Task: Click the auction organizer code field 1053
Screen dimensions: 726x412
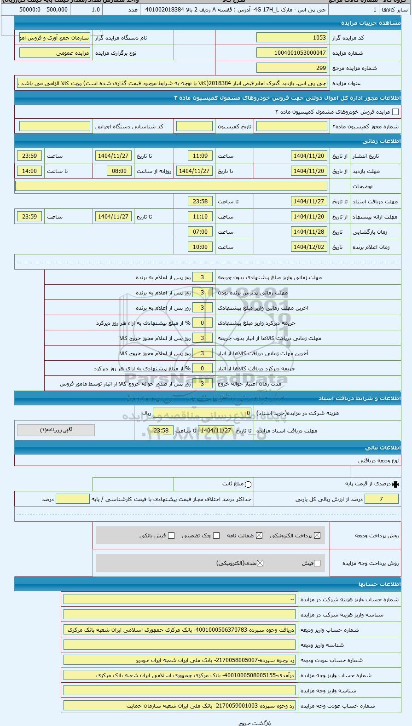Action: click(x=292, y=38)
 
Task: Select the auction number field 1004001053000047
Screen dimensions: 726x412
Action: click(x=292, y=53)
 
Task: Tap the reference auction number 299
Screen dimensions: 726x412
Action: click(x=292, y=68)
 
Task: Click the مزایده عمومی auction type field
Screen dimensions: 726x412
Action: click(x=55, y=53)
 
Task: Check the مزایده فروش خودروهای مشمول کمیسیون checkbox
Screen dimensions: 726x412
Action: click(x=395, y=112)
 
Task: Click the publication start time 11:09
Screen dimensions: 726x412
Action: click(x=200, y=156)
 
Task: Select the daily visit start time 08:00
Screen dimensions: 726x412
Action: click(x=119, y=171)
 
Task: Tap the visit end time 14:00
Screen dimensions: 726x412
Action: click(x=29, y=171)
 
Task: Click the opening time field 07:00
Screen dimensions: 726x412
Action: click(x=200, y=232)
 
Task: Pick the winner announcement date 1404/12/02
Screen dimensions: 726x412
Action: click(x=309, y=247)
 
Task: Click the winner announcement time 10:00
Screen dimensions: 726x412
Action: click(x=200, y=247)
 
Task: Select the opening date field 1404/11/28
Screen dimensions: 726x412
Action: click(x=309, y=232)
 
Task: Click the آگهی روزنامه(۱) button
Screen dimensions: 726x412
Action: click(x=56, y=430)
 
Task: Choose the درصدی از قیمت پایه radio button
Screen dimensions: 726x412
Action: click(x=395, y=484)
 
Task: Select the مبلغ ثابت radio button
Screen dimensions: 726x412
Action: click(x=249, y=484)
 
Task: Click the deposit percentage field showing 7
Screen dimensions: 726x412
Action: click(x=381, y=499)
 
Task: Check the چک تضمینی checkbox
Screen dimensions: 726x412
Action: click(x=216, y=536)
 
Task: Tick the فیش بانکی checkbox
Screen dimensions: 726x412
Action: click(x=171, y=536)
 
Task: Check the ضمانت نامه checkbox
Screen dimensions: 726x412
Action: click(x=259, y=536)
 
